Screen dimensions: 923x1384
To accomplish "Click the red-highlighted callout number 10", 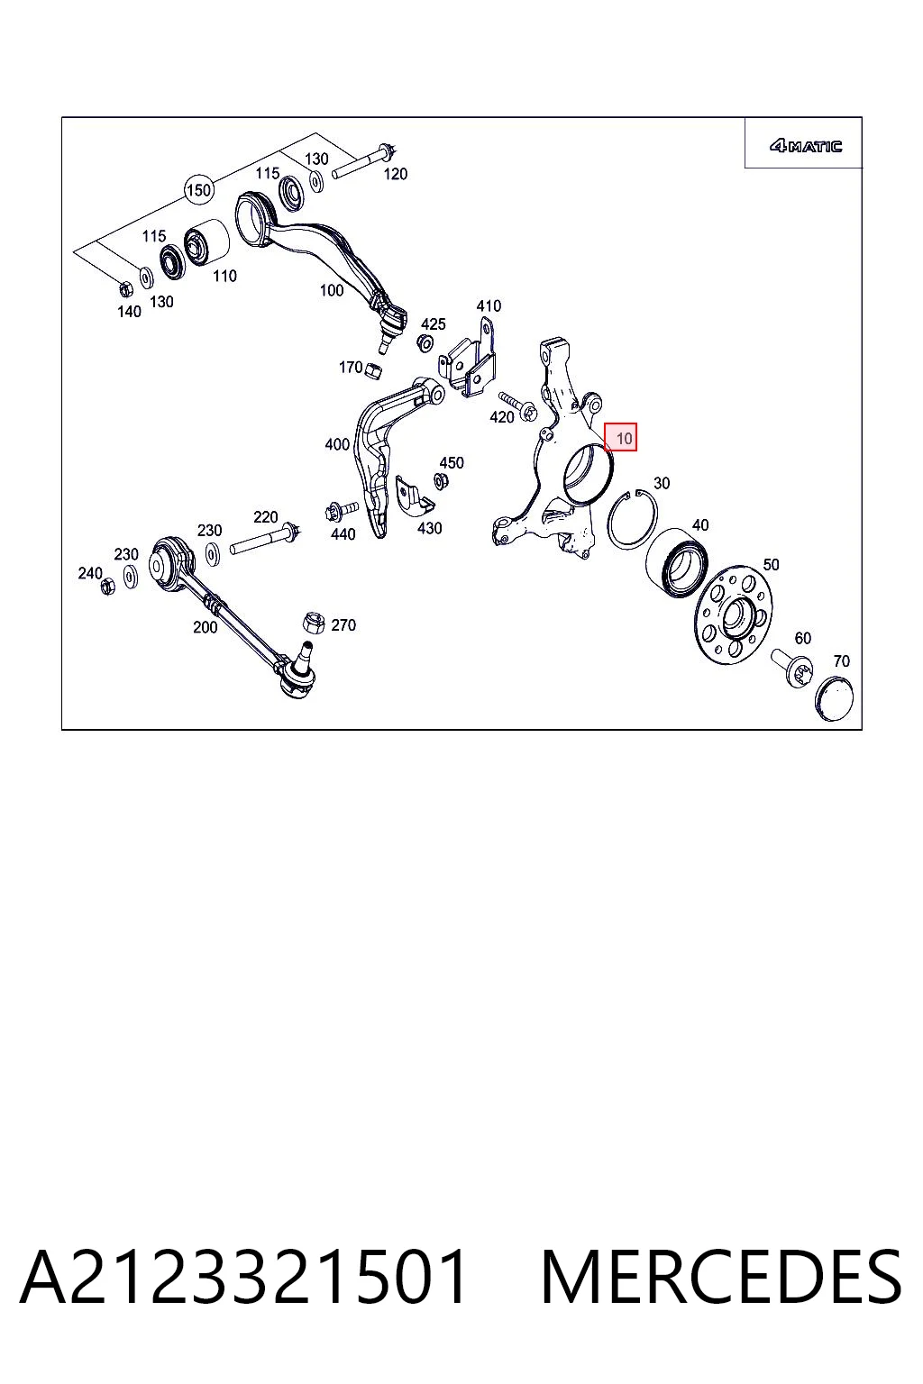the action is tap(621, 437).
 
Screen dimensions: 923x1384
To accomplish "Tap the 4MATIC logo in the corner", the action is tap(805, 146).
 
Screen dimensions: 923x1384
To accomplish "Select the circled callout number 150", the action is tap(198, 190).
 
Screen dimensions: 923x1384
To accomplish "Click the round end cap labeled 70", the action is tap(834, 698).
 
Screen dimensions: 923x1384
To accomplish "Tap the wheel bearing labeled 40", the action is tap(677, 563).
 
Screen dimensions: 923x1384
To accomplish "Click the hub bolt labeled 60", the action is tap(792, 666).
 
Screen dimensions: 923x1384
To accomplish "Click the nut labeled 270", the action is tap(314, 623).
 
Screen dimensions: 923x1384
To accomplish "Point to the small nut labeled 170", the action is tap(373, 370).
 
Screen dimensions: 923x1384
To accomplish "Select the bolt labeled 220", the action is tap(266, 538).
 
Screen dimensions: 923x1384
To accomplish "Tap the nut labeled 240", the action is tap(107, 585).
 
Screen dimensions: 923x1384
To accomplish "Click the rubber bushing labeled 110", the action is tap(206, 244).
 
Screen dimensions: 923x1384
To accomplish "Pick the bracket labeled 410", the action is tap(468, 360).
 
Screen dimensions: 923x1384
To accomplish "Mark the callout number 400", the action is tap(337, 443).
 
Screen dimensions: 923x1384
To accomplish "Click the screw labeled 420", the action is tap(518, 406).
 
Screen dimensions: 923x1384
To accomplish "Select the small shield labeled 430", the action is tap(415, 496).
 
